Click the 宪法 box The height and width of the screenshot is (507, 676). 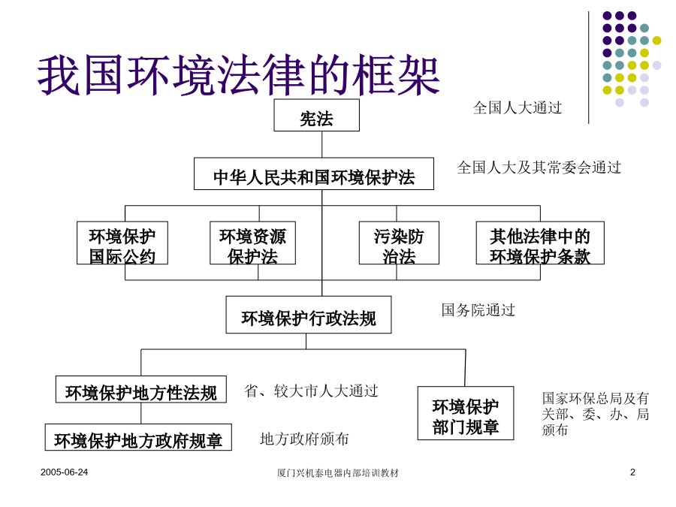tap(316, 115)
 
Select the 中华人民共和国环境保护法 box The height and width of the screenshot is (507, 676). tap(314, 174)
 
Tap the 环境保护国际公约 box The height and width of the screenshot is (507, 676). tap(122, 243)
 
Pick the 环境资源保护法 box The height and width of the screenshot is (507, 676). tap(252, 243)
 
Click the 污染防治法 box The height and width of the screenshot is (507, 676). tap(400, 243)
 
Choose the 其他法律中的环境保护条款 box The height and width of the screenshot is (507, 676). tap(540, 243)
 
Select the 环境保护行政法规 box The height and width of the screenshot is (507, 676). tap(309, 315)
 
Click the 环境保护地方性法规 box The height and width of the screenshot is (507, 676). tap(141, 389)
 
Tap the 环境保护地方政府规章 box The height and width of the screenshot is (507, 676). tap(138, 437)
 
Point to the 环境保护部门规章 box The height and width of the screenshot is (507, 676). tap(466, 413)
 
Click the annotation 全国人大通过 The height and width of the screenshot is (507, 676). tap(518, 107)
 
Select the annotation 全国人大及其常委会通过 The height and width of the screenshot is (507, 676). tap(539, 167)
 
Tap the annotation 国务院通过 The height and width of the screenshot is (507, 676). tap(478, 310)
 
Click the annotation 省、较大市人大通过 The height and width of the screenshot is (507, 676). tap(311, 391)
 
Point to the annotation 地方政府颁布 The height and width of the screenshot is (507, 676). tap(304, 439)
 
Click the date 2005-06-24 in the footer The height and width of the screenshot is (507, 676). tap(65, 472)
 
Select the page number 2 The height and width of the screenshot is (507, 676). tap(632, 472)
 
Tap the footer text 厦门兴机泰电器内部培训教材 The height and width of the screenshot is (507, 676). tap(337, 473)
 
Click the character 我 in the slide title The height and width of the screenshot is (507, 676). tap(60, 75)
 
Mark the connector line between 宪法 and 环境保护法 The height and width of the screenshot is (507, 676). tap(322, 144)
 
